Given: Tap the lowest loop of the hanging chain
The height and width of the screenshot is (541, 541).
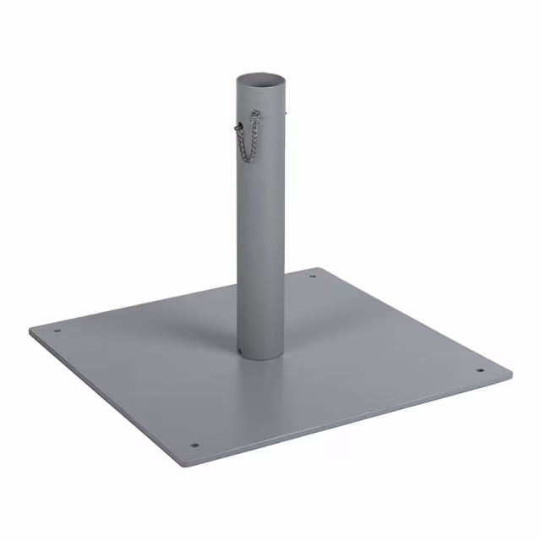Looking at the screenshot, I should [x=248, y=161].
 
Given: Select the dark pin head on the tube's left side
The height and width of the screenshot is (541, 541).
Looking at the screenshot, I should [x=239, y=127].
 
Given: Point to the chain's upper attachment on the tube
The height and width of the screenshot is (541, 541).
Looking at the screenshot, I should [x=256, y=112].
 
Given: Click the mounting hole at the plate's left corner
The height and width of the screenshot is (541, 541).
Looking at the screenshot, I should [x=57, y=331].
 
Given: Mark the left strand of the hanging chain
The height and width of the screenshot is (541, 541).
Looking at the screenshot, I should [x=243, y=144].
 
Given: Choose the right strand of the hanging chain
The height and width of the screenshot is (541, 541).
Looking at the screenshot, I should [x=256, y=139].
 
